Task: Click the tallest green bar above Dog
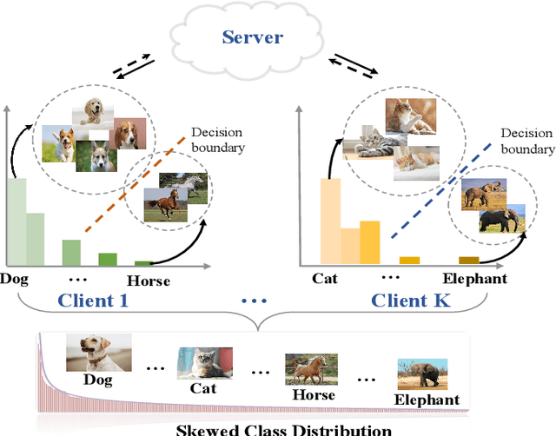[x=17, y=222]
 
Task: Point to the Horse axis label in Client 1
[x=149, y=281]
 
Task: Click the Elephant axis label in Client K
[x=474, y=280]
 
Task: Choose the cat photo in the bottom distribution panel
[x=205, y=362]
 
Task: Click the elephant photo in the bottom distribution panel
[x=422, y=374]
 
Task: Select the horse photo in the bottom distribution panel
[x=310, y=370]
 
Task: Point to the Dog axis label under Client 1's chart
[x=14, y=280]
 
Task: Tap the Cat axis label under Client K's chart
[x=326, y=280]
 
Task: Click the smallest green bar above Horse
[x=143, y=262]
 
